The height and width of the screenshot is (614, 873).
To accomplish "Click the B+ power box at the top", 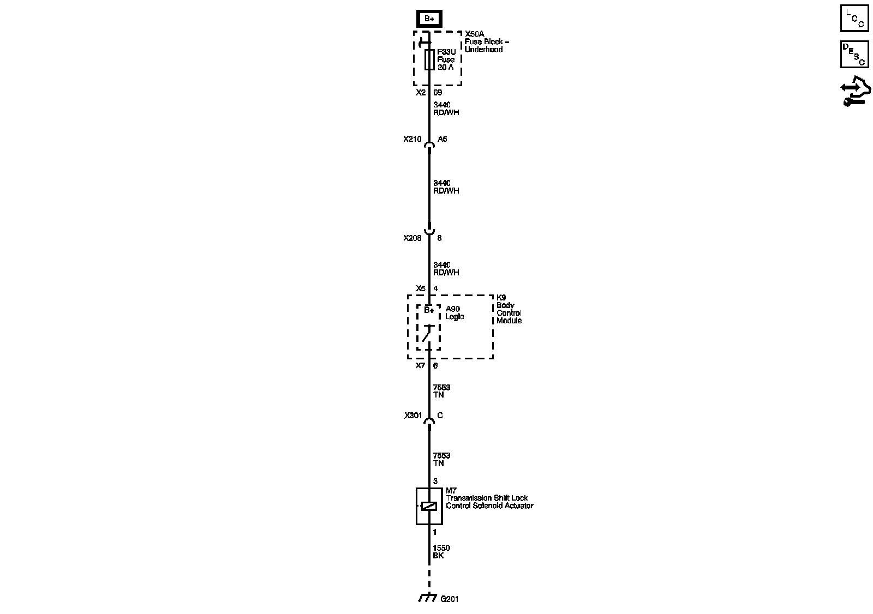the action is (429, 19).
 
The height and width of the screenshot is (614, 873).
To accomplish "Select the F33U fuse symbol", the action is (429, 60).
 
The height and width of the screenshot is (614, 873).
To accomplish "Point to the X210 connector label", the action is (412, 139).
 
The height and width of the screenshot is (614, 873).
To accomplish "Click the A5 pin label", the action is (442, 139).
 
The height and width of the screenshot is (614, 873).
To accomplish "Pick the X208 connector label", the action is (412, 238).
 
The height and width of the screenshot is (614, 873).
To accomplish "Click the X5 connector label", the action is (420, 288).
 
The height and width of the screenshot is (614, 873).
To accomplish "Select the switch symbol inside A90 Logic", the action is (428, 333).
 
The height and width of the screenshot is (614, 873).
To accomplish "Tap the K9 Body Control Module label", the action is (509, 309).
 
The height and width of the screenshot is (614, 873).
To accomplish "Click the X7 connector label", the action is (420, 365).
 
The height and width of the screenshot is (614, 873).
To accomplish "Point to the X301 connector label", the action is (413, 416).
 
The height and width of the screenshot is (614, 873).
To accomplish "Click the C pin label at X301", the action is (440, 416).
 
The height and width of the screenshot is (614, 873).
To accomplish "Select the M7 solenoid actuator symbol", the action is (429, 506).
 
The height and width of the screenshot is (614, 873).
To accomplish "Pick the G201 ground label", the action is (450, 599).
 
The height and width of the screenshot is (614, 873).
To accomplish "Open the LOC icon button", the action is (854, 19).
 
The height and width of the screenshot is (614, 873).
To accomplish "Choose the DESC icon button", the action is (854, 54).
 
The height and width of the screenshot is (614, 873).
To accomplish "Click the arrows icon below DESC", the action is (854, 93).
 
